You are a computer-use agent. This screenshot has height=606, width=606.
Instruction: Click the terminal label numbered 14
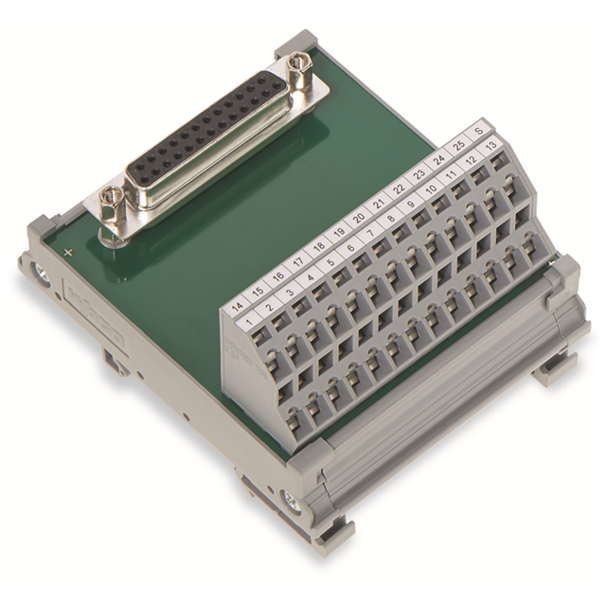pos(237,307)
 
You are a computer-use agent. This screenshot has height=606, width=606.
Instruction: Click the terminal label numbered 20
pos(358,217)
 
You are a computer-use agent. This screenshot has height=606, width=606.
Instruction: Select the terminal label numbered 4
pos(309,278)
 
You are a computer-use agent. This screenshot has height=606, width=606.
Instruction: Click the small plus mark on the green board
pos(68,252)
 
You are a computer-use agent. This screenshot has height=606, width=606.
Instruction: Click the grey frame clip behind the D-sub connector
pos(294,42)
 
